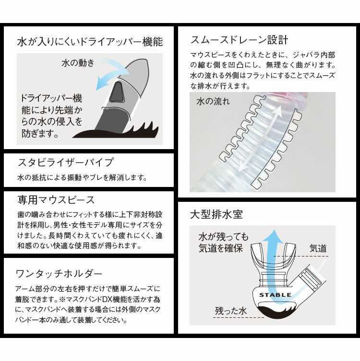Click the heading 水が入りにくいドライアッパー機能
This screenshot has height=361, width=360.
[x=89, y=42]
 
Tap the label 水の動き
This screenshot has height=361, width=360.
[x=78, y=63]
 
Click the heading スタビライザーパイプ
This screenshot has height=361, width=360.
[x=65, y=162]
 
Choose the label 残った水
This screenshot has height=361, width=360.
[x=230, y=312]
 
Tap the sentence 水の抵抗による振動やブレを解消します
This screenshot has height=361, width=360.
[x=81, y=178]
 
